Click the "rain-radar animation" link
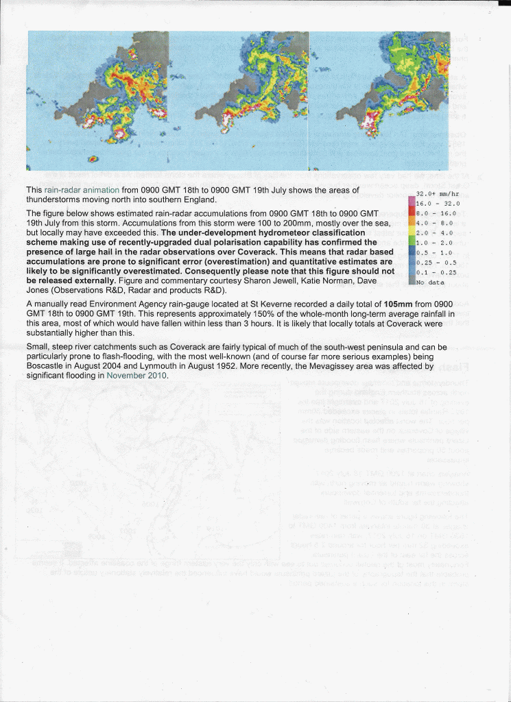pyautogui.click(x=79, y=190)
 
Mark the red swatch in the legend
pyautogui.click(x=412, y=213)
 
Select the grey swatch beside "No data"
pyautogui.click(x=412, y=281)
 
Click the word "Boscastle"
pyautogui.click(x=48, y=367)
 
